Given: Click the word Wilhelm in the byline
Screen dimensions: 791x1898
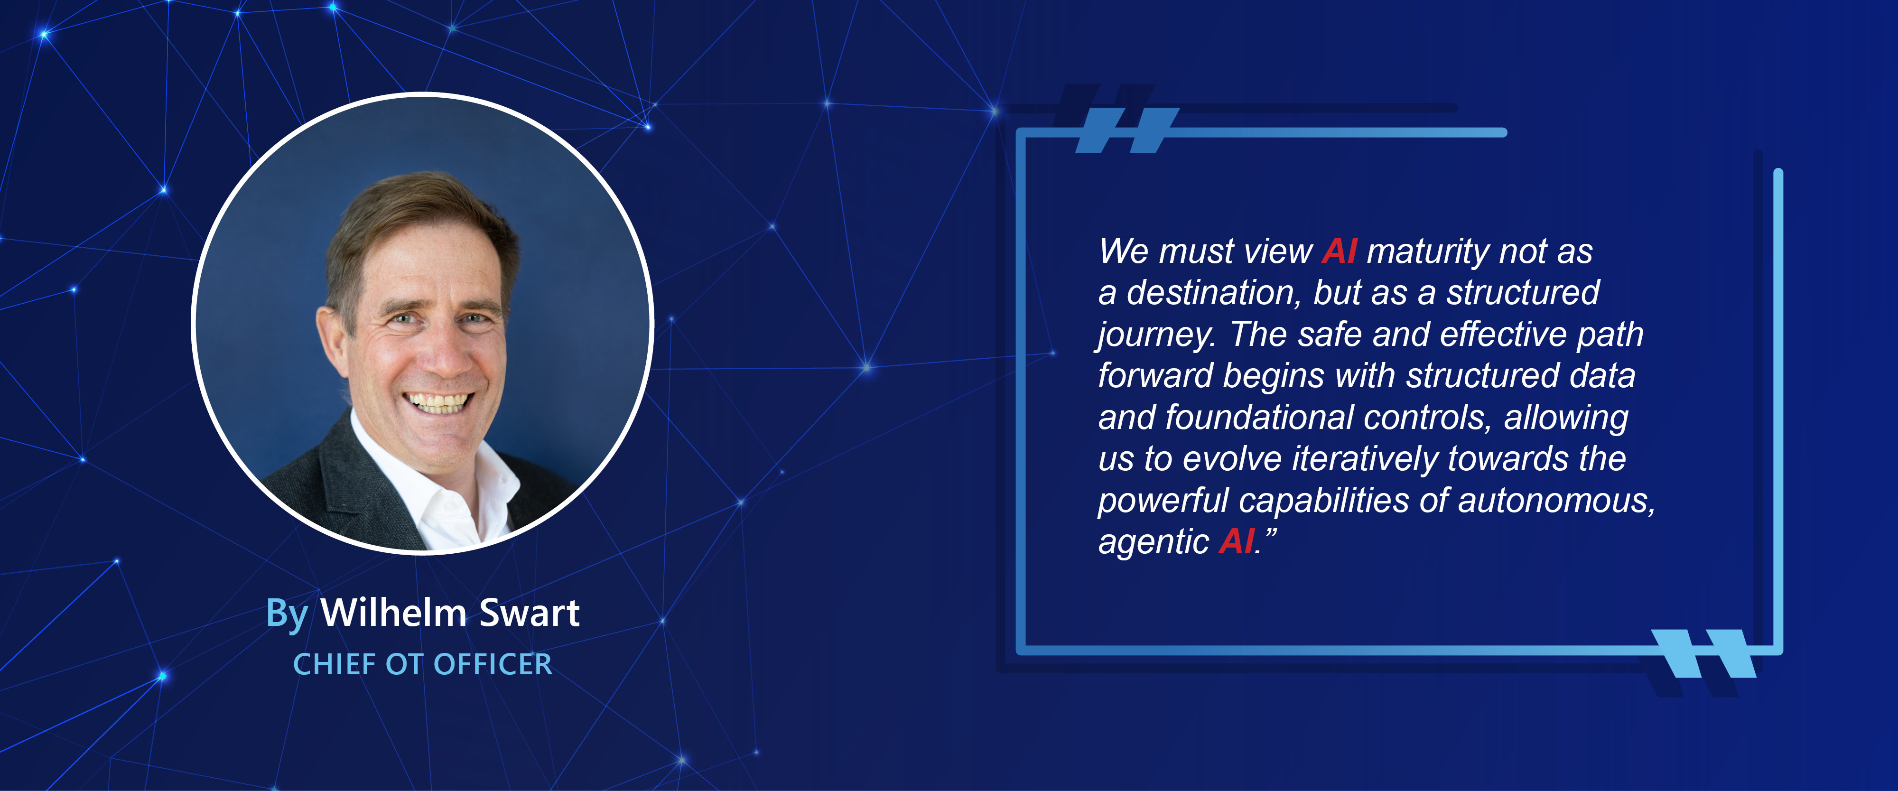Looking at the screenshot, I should tap(393, 613).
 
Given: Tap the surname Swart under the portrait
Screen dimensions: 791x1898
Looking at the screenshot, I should tap(529, 613).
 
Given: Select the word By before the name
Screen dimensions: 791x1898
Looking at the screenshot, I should tap(287, 614).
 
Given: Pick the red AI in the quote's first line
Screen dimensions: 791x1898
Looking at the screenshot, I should tap(1339, 251).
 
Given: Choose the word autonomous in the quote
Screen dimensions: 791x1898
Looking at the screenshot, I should tap(1554, 501).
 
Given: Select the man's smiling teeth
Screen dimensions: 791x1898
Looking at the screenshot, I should tap(439, 402).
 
